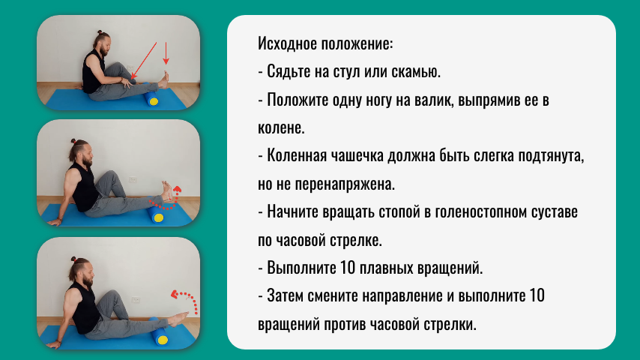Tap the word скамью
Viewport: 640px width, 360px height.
point(415,72)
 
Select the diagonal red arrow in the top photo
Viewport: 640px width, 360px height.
point(144,60)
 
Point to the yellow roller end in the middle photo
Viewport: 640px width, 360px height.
point(158,217)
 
